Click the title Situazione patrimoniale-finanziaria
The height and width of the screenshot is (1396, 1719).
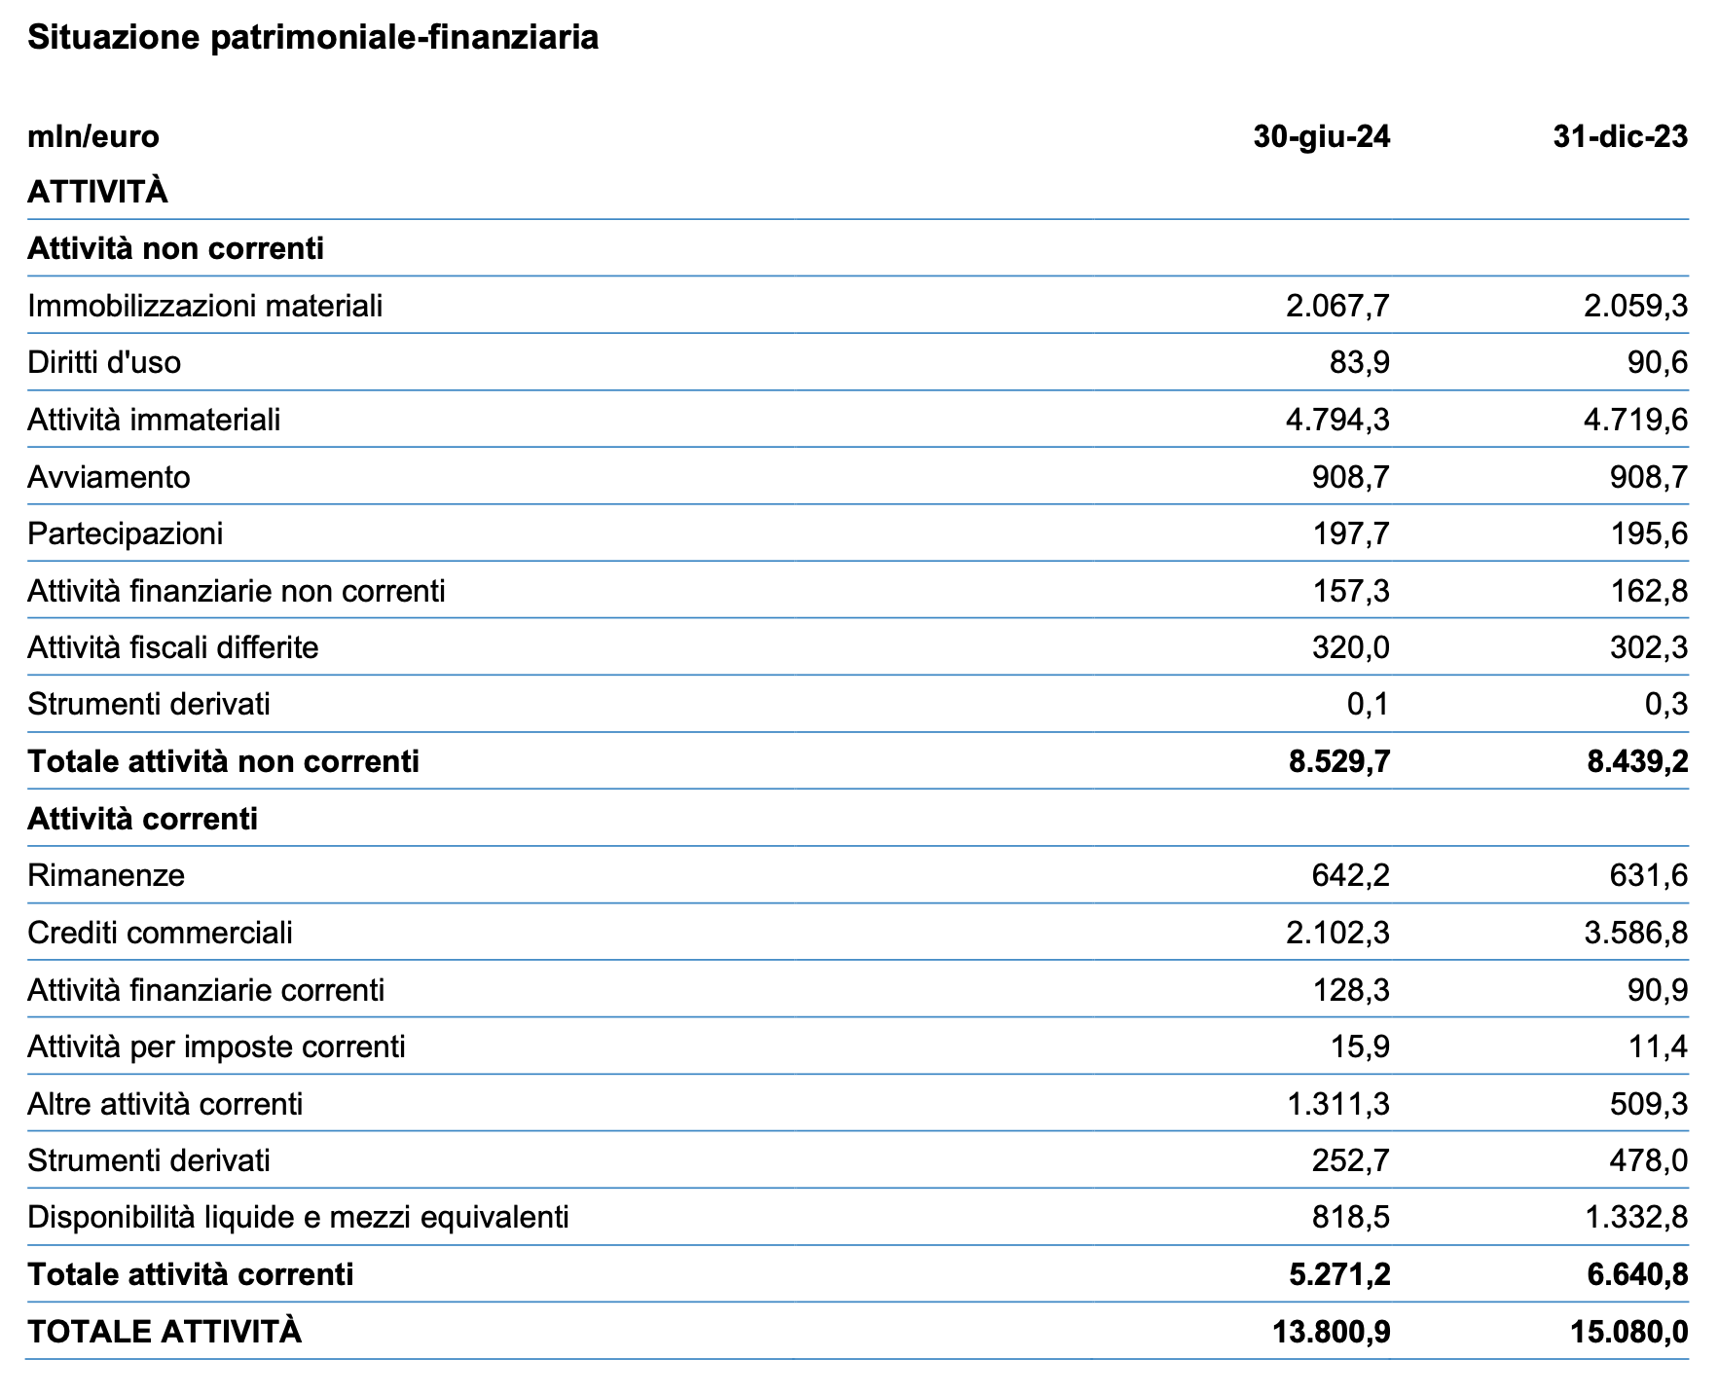(312, 37)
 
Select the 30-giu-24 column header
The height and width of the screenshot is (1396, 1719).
(1322, 136)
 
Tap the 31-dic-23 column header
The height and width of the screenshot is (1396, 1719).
(1621, 136)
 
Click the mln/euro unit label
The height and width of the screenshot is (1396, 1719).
(93, 136)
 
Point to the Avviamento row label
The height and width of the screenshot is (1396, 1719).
(109, 477)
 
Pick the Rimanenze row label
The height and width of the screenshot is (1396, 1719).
(106, 876)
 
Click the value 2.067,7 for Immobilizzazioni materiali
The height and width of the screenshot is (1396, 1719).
(1338, 307)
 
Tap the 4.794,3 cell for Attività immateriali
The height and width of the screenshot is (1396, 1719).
(1338, 421)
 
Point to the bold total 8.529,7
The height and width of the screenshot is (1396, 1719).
(1339, 761)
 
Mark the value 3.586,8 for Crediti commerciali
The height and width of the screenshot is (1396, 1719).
(1636, 934)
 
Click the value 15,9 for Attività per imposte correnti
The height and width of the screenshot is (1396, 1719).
(1361, 1047)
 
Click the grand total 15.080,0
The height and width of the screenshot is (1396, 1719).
(1629, 1332)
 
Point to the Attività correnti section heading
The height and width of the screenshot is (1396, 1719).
(143, 819)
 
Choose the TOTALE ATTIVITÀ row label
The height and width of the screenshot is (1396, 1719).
(165, 1332)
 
